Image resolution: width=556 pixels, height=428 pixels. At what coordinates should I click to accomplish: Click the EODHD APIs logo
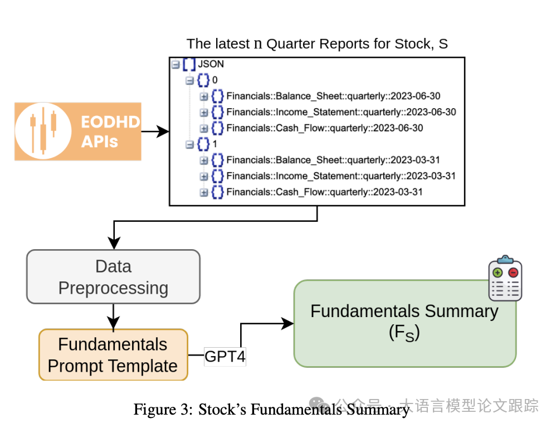[77, 132]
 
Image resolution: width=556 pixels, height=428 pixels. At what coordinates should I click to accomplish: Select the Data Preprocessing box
[113, 277]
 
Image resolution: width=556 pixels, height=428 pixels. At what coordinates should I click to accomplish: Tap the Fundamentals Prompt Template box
[113, 355]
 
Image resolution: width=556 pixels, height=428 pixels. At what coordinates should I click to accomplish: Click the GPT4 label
[225, 356]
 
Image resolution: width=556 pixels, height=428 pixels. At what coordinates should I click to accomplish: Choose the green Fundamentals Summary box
[404, 323]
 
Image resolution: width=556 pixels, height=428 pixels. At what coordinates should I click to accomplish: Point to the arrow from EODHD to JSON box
[155, 132]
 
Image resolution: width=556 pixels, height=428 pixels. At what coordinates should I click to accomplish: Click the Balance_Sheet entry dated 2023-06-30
[333, 96]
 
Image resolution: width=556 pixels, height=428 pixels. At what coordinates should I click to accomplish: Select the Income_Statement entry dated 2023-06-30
[341, 112]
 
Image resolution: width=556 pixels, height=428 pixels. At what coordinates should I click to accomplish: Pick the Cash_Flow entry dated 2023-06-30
[325, 128]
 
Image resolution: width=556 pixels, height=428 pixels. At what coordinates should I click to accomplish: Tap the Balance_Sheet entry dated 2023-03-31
[333, 160]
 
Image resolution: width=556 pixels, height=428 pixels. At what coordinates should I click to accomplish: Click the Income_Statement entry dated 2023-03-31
[341, 176]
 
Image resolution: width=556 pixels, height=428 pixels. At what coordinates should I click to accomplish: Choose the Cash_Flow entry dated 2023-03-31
[325, 192]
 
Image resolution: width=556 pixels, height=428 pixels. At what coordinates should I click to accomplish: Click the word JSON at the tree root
[211, 64]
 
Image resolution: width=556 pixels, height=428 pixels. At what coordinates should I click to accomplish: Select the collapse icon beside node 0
[189, 80]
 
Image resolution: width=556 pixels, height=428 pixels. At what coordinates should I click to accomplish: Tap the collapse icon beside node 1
[189, 144]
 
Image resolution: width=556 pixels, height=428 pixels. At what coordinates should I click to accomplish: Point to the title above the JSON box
[317, 43]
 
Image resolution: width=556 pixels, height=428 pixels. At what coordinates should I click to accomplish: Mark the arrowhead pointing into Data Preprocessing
[114, 244]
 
